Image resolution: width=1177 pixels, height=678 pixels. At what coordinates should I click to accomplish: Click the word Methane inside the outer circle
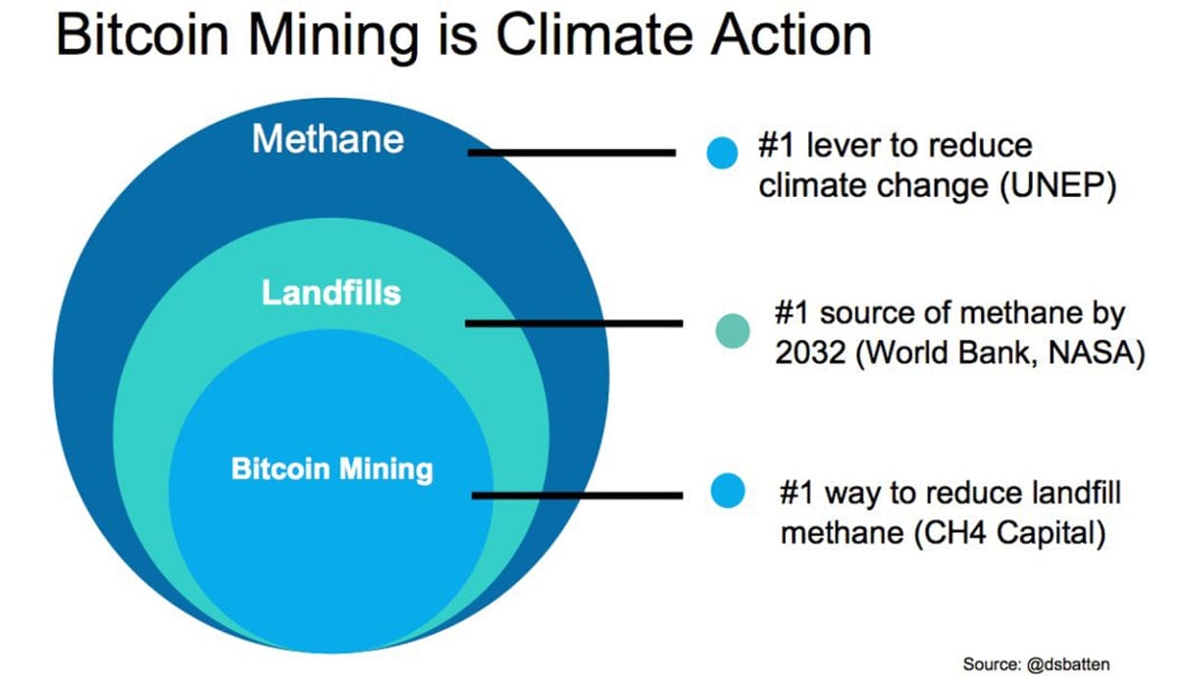[328, 139]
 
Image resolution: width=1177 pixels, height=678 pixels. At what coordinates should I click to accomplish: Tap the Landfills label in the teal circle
[331, 292]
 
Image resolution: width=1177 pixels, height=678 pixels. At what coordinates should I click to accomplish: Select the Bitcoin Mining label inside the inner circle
[332, 468]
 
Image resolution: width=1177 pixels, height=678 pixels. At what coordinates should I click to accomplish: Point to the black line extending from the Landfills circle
[573, 322]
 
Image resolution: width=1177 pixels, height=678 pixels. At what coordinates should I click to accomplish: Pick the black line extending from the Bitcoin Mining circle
[577, 495]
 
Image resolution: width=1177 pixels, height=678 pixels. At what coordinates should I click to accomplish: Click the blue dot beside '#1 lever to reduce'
[721, 152]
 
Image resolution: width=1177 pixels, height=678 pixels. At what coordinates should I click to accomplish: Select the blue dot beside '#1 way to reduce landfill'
[727, 491]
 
